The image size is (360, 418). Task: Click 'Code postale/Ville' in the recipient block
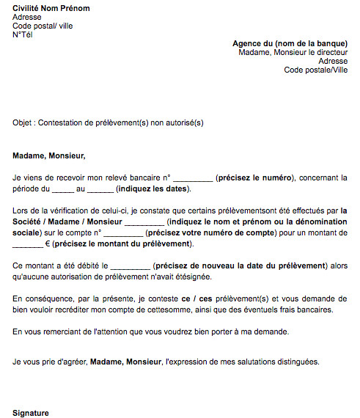tap(317, 70)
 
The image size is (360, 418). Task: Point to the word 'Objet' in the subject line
tap(23, 123)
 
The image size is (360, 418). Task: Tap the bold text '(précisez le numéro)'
tap(255, 177)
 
